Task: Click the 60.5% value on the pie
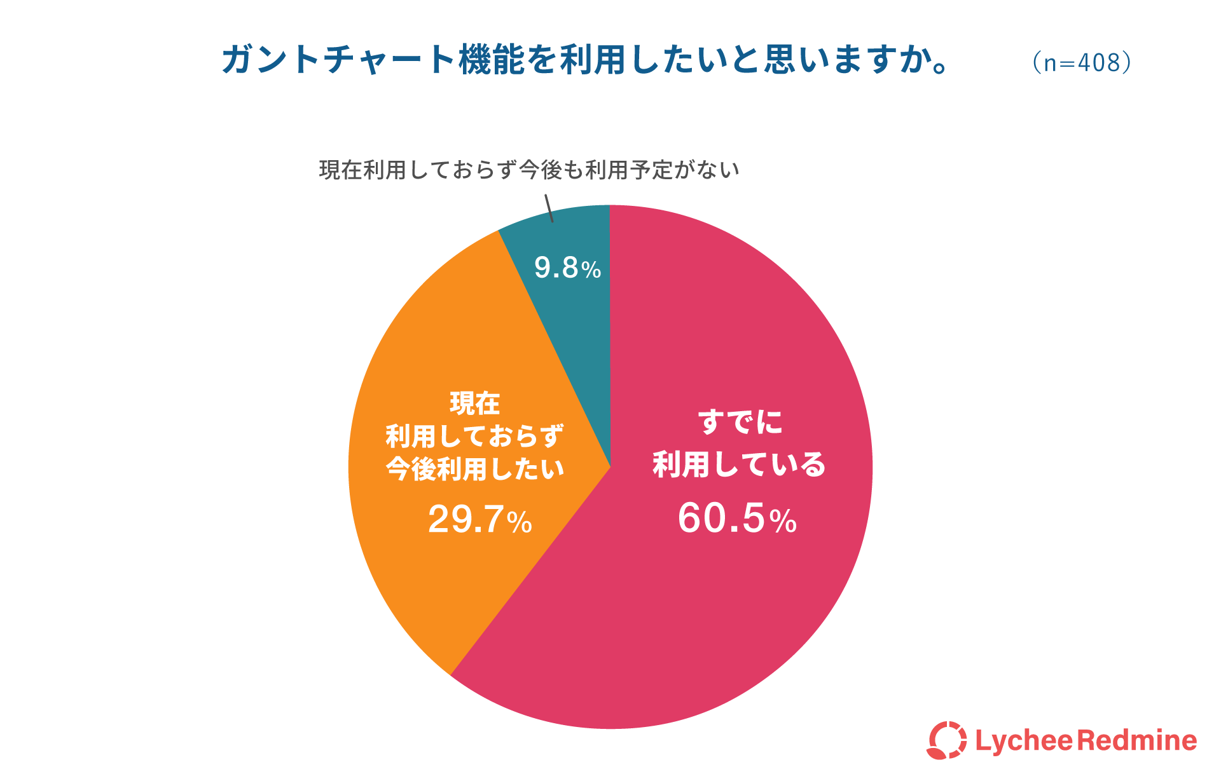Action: pos(737,519)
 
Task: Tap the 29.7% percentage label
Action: pos(480,519)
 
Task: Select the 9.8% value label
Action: pos(567,268)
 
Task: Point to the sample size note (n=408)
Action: pos(1082,62)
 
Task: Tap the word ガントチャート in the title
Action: pos(338,60)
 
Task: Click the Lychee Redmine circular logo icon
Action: pos(946,740)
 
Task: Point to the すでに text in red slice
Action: pos(740,422)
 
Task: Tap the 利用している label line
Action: pos(739,465)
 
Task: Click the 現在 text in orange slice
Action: pos(475,403)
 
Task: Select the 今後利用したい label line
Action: pos(475,469)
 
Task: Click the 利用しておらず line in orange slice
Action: pos(475,436)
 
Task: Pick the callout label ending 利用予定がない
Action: pos(529,170)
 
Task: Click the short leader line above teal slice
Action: pos(549,208)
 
